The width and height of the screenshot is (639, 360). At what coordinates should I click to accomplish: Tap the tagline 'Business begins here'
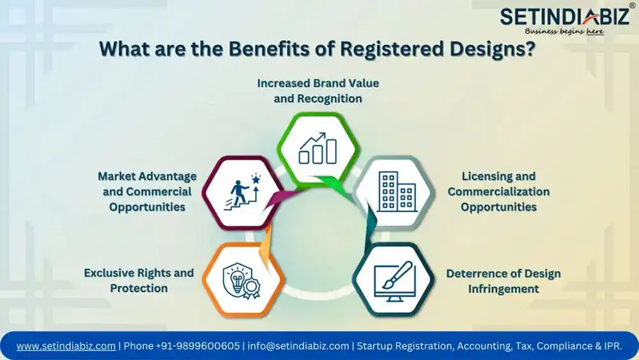point(564,31)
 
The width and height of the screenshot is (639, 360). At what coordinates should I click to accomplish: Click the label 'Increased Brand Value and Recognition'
point(318,91)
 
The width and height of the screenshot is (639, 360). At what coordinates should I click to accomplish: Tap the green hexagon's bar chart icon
point(318,148)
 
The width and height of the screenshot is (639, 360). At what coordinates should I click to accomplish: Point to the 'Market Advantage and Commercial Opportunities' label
point(147,192)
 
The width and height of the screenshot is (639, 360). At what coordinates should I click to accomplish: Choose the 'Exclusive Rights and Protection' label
point(139,281)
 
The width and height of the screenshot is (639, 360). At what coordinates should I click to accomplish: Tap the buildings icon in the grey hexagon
point(397,192)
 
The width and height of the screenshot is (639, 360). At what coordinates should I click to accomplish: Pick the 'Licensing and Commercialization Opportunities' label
point(498,192)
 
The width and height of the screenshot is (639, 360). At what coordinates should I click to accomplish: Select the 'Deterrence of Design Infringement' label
point(504,281)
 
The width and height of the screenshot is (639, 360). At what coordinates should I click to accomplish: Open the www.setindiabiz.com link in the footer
point(66,346)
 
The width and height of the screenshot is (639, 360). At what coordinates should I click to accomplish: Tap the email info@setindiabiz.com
point(298,346)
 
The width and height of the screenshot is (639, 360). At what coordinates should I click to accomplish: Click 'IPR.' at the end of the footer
point(613,346)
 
